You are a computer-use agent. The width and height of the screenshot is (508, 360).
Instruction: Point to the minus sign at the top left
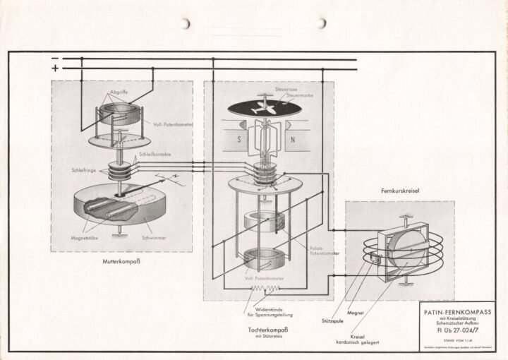point(56,59)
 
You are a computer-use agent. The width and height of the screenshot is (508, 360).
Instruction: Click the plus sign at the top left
point(56,68)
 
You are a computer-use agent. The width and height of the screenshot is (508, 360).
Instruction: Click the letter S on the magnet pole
point(241,138)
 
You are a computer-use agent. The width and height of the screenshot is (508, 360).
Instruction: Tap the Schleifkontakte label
point(155,153)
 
